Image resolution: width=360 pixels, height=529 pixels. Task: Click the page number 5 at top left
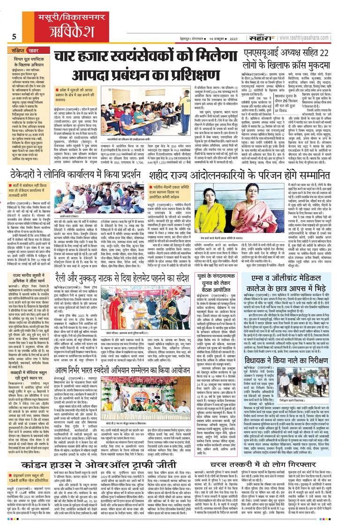[15, 37]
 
